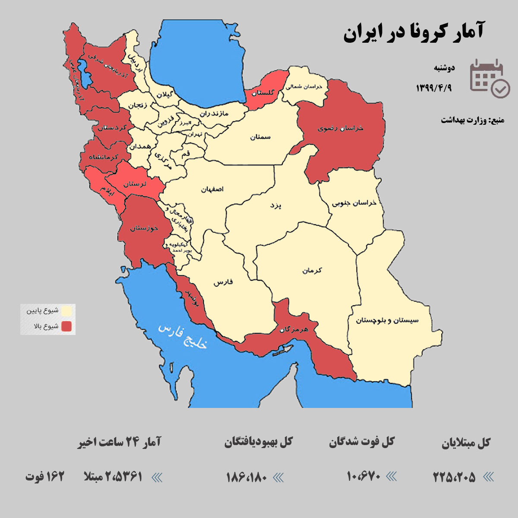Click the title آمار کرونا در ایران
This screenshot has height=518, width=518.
[414, 33]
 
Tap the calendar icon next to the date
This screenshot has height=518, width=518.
[489, 78]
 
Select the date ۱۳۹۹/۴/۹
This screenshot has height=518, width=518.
[434, 88]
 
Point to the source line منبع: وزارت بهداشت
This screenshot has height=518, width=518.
[472, 120]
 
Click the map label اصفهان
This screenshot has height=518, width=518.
[212, 189]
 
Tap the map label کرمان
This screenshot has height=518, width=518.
[312, 271]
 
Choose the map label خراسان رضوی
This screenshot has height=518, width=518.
[341, 128]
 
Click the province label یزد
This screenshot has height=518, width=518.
[275, 205]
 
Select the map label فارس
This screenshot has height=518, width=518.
[223, 282]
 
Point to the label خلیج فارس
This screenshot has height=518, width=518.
[183, 336]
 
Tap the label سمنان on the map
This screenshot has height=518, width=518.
[260, 137]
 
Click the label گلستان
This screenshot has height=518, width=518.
[263, 93]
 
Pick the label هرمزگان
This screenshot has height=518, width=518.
[294, 329]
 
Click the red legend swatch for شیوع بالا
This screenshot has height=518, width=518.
[66, 326]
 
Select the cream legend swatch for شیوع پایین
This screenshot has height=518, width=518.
[66, 311]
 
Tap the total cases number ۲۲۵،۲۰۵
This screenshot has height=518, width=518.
[454, 477]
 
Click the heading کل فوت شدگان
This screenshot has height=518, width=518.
[362, 442]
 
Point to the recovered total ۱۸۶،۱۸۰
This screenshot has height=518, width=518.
[247, 477]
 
